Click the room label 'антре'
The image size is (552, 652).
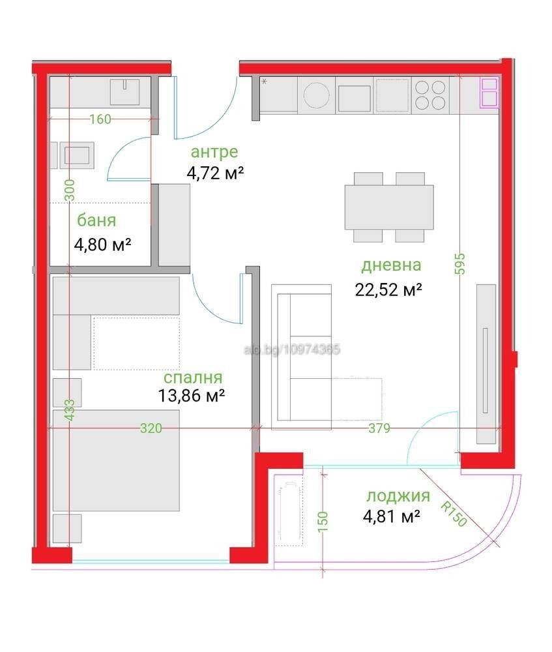pyautogui.click(x=214, y=152)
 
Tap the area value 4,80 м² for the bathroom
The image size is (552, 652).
pyautogui.click(x=104, y=244)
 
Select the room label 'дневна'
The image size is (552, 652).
pyautogui.click(x=391, y=265)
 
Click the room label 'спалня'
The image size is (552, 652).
pyautogui.click(x=192, y=378)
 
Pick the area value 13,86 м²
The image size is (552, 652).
pyautogui.click(x=192, y=395)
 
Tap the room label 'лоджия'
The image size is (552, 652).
pyautogui.click(x=398, y=496)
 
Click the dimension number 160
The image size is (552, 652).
pyautogui.click(x=100, y=119)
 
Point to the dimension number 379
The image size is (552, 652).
pyautogui.click(x=379, y=428)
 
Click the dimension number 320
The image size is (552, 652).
pyautogui.click(x=151, y=428)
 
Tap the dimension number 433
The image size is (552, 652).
pyautogui.click(x=70, y=413)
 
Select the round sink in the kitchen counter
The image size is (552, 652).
pyautogui.click(x=317, y=96)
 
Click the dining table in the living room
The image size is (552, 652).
pyautogui.click(x=389, y=206)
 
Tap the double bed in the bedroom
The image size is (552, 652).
pyautogui.click(x=116, y=460)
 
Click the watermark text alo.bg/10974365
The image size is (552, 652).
pyautogui.click(x=291, y=350)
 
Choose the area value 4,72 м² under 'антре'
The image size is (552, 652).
pyautogui.click(x=215, y=173)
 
